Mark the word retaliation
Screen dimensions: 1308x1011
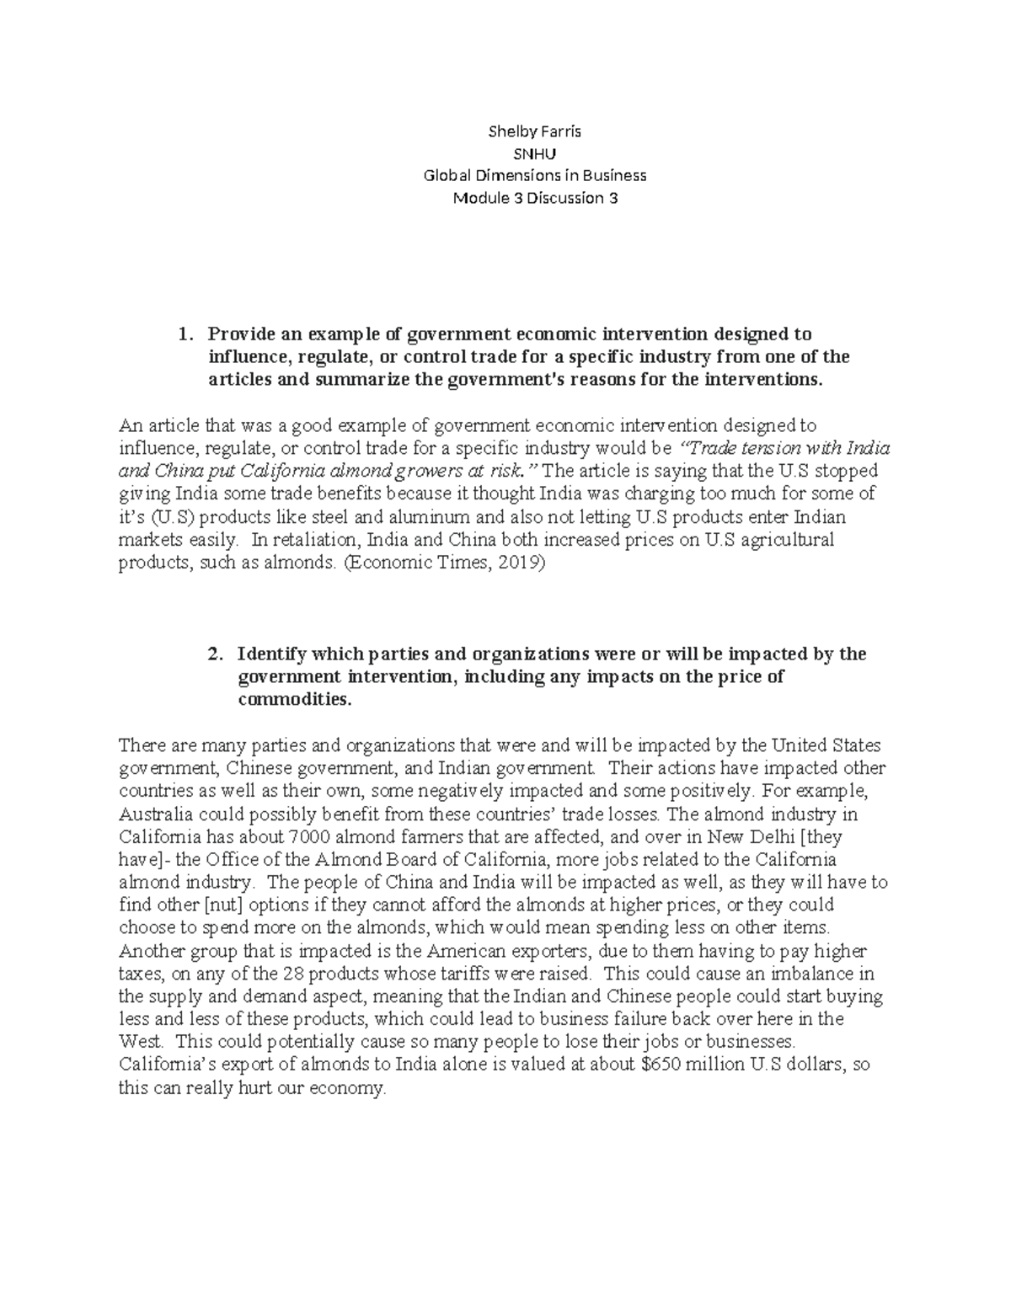pyautogui.click(x=313, y=540)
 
